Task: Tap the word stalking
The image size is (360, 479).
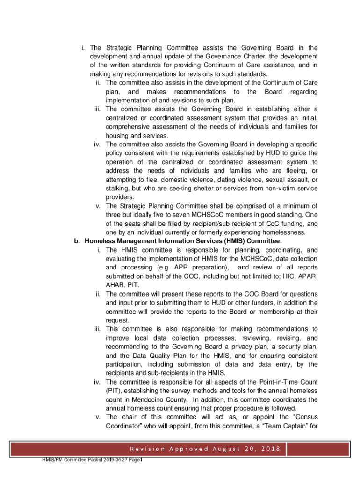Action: [117, 188]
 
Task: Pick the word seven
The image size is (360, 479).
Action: [165, 215]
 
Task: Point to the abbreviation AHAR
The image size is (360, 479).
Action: [114, 285]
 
